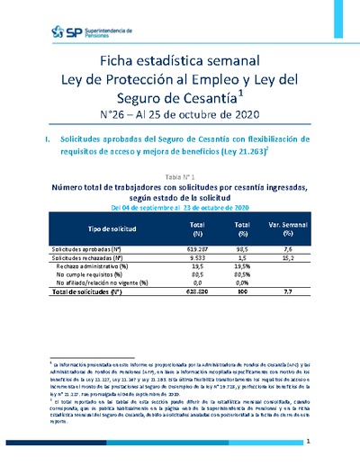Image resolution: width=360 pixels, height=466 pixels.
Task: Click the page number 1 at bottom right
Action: (308, 444)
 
